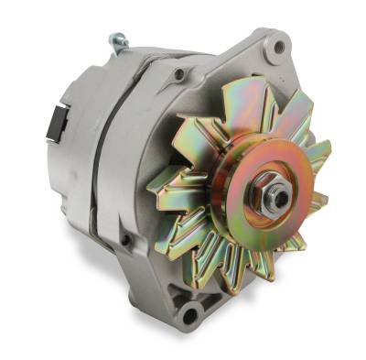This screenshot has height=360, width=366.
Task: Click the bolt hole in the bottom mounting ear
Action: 190,315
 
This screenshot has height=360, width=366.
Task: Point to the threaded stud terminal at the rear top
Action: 117,41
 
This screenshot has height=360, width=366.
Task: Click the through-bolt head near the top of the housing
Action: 179,72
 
